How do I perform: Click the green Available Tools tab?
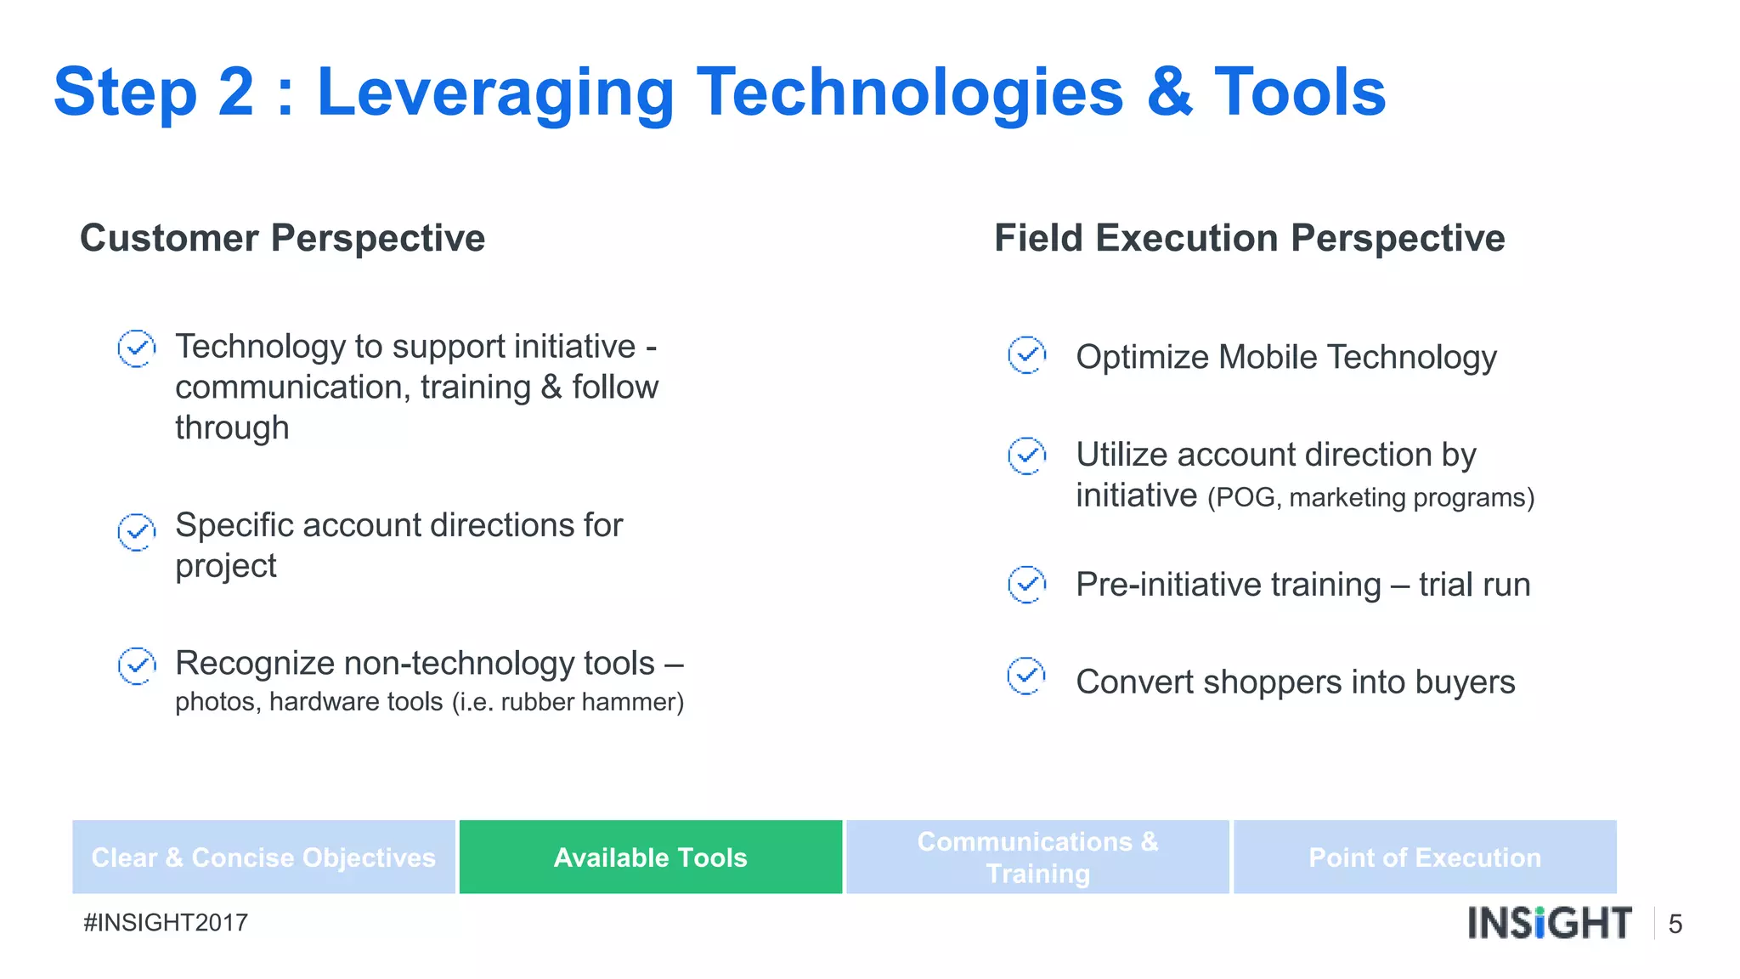coord(650,857)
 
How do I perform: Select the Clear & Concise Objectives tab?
coord(263,857)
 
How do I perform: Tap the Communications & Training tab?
coord(1037,857)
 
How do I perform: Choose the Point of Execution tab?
coord(1425,857)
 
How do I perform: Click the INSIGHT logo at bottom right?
coord(1549,923)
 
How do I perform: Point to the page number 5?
coord(1675,924)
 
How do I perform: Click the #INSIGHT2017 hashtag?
coord(166,922)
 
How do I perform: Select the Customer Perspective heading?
coord(282,238)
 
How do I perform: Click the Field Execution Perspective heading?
coord(1249,238)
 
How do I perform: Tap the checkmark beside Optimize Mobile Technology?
coord(1026,354)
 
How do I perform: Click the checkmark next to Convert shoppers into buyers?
coord(1026,676)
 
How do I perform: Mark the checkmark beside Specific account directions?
coord(136,532)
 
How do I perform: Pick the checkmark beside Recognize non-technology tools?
coord(136,665)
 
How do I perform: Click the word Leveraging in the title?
coord(495,93)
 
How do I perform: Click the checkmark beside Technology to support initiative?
coord(136,348)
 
